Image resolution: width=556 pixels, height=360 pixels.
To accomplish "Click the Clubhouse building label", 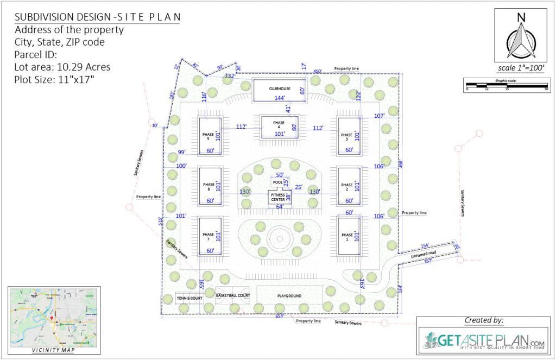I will (280, 88).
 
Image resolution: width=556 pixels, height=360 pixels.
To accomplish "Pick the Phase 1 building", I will (348, 236).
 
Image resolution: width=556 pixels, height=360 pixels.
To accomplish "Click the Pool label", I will (278, 182).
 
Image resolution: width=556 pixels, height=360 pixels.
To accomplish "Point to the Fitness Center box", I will (277, 197).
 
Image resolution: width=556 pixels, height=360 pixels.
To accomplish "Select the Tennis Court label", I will (189, 298).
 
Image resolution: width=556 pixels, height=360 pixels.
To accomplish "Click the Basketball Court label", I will (232, 296).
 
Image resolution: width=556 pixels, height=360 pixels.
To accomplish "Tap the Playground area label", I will (289, 296).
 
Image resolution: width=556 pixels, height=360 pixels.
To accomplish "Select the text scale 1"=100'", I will (520, 68).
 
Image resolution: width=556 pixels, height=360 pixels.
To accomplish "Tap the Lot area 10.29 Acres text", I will (62, 67).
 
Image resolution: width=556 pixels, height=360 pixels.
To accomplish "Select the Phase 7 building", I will (210, 236).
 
